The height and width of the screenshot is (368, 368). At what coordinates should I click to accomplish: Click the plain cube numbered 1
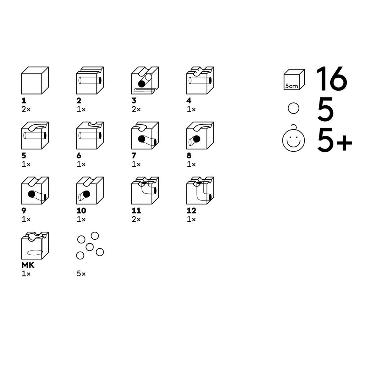coord(35,80)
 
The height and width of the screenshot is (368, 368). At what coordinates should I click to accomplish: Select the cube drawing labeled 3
coord(145,80)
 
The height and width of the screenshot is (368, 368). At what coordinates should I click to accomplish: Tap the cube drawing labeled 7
coord(145,135)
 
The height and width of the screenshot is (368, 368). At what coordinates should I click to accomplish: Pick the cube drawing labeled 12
coord(200,190)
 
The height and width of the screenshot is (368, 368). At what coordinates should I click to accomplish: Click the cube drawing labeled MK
coord(35,245)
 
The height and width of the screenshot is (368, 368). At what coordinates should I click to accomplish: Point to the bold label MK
coord(28,265)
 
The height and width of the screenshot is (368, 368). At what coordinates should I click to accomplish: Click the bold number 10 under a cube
coord(81,211)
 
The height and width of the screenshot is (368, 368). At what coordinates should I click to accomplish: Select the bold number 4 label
coord(189,101)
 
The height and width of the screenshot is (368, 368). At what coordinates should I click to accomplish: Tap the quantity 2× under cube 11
coord(136,219)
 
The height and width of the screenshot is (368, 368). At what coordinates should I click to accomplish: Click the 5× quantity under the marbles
coord(81,273)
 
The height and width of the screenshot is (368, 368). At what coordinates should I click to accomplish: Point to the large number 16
coord(331,79)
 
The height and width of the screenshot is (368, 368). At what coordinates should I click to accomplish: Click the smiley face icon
coord(293,138)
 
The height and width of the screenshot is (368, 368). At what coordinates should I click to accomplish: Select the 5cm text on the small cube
coord(291,86)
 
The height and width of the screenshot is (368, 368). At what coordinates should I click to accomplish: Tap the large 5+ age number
coord(335,140)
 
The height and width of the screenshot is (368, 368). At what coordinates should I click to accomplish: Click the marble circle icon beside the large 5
coord(293,108)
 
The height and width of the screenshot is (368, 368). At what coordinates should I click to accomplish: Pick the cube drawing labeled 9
coord(35,190)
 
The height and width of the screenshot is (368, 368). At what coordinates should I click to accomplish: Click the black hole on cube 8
coord(197,139)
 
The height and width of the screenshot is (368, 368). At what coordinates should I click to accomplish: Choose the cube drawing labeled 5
coord(35,135)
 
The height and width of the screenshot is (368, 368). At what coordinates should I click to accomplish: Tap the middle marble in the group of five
coord(89,247)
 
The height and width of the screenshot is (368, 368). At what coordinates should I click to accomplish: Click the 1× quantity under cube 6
coord(81,164)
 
